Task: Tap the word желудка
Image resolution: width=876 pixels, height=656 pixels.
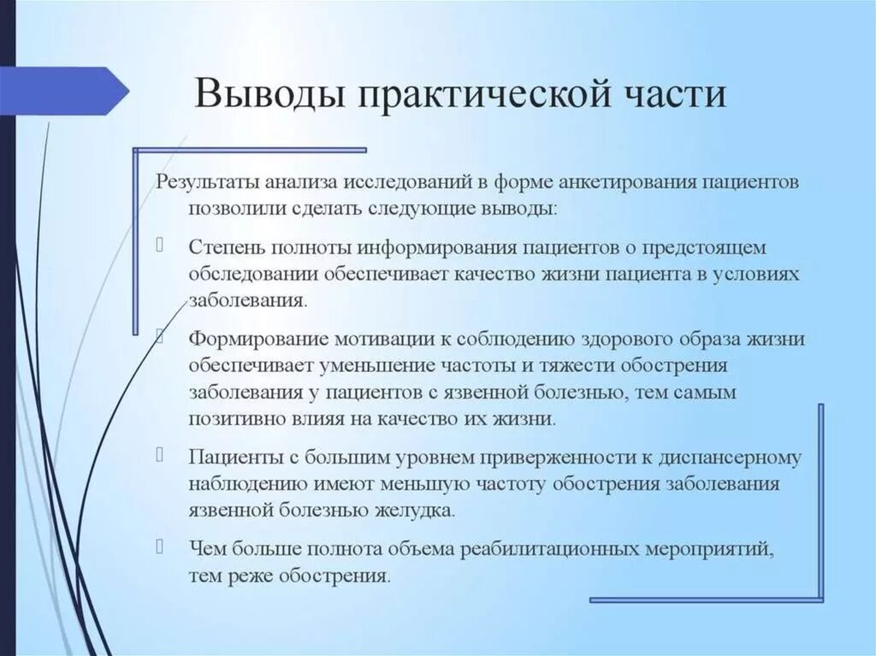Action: [x=417, y=511]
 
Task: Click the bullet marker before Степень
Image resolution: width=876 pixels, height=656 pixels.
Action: [x=162, y=246]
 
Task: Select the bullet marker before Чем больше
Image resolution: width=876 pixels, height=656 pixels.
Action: [x=162, y=543]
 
